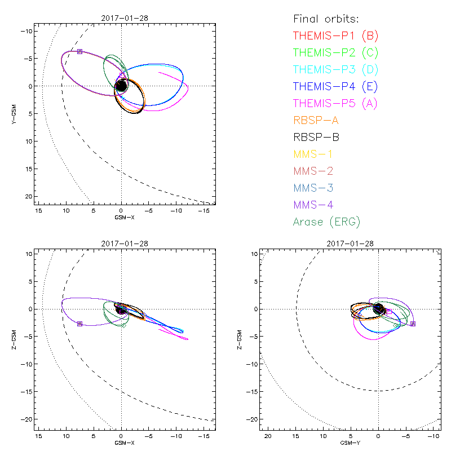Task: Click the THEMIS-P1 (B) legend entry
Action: [335, 36]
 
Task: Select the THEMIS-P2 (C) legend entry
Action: [335, 53]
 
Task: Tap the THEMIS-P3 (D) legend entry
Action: [335, 70]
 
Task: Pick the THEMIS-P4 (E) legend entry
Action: [335, 87]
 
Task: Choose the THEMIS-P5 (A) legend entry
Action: [335, 104]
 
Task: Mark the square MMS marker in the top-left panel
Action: [79, 51]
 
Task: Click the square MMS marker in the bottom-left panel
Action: [79, 324]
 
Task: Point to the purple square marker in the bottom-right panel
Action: [413, 324]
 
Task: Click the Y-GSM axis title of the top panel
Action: [14, 113]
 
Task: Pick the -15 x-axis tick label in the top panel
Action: [204, 210]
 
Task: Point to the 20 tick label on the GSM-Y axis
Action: [268, 437]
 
